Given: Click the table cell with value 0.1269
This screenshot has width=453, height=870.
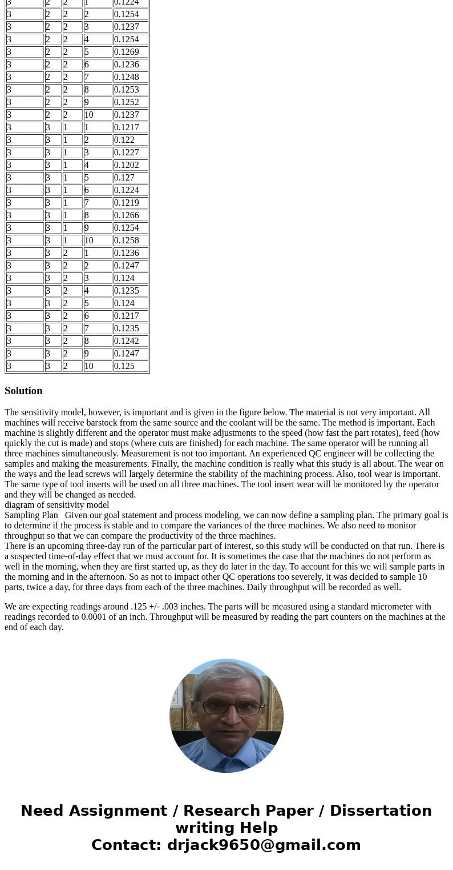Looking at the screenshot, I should pos(130,52).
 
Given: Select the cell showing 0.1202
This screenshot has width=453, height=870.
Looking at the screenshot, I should pos(130,165).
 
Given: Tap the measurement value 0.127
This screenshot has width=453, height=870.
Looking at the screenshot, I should pos(130,178).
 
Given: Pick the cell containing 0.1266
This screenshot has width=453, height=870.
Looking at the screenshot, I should pos(130,215).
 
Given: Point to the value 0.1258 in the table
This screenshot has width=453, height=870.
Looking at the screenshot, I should pos(130,240).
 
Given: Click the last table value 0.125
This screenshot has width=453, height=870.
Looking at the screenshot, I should pos(130,366).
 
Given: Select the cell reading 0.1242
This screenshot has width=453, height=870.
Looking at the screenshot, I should pos(130,341).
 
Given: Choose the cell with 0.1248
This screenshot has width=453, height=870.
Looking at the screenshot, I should pos(130,77).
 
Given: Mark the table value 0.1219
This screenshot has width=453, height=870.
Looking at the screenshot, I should pos(130,203).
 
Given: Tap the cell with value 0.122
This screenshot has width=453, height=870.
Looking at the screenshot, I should pos(130,140).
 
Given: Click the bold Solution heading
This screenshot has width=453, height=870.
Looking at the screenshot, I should pos(23,391).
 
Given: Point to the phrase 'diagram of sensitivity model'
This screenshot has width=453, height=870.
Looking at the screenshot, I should pos(56,505).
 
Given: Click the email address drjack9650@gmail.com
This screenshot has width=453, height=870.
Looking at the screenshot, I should pos(264,845).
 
